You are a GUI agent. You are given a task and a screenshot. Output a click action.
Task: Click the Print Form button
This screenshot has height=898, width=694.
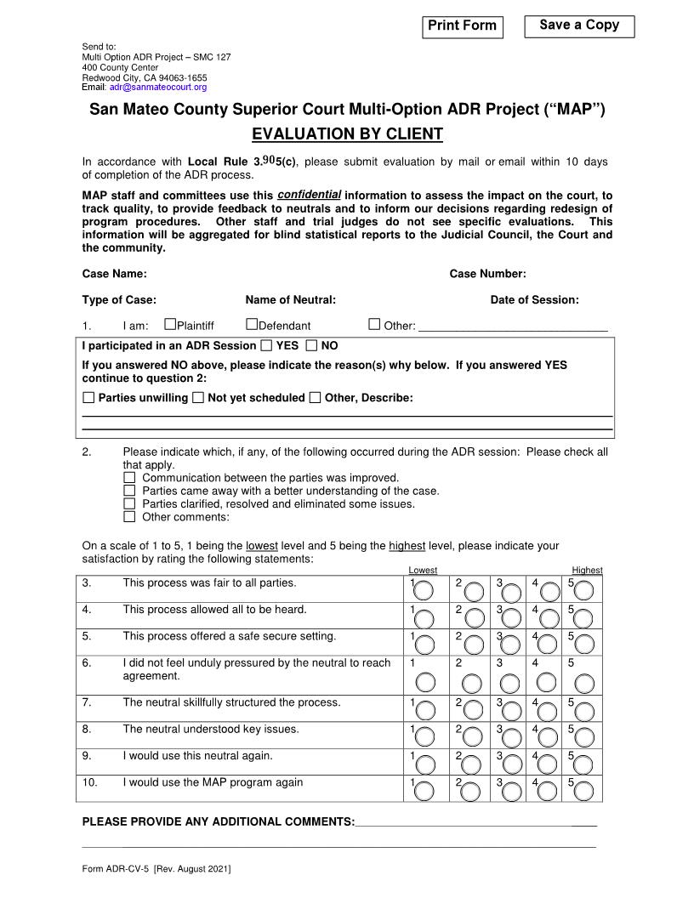tap(462, 26)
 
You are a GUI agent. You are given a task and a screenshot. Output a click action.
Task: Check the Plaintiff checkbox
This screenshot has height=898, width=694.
tap(170, 324)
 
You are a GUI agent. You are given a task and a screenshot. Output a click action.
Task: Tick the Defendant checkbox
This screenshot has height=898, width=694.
tap(252, 324)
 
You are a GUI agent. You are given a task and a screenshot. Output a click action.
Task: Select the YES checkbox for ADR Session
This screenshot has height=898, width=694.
tap(266, 346)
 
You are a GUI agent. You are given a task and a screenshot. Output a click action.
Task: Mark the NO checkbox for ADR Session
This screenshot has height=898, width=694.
tap(311, 346)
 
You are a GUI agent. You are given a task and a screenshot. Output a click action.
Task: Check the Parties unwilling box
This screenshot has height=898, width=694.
tap(89, 398)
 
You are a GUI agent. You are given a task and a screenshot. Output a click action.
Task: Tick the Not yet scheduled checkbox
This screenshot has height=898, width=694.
tap(198, 398)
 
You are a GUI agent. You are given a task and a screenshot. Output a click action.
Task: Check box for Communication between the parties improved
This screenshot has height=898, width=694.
tap(129, 478)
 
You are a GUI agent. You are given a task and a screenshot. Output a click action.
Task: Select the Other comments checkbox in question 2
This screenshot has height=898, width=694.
tap(129, 516)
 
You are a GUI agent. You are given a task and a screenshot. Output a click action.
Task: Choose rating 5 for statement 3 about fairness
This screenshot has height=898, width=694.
tap(585, 591)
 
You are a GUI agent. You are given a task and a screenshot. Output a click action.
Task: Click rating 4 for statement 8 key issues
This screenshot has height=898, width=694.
tap(548, 737)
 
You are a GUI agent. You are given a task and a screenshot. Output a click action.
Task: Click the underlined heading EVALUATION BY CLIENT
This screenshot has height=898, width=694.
tap(347, 134)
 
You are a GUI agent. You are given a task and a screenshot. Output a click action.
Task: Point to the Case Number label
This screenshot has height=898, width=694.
tap(487, 274)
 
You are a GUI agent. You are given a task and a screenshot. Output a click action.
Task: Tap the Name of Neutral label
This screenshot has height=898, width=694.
tap(290, 299)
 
